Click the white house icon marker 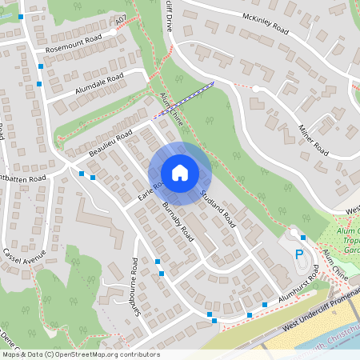pos(180,173)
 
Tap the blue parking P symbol pos(300,255)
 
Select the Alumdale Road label pos(98,84)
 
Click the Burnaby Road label pos(178,222)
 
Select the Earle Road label pos(150,190)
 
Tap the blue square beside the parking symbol pos(303,237)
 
